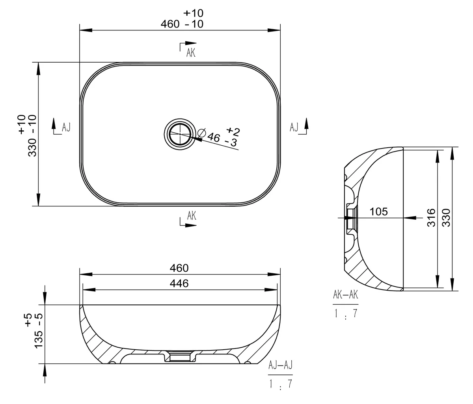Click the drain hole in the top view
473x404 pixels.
180,134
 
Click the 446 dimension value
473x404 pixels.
179,284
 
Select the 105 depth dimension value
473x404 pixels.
379,212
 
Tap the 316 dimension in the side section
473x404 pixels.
431,218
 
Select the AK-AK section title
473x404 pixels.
346,295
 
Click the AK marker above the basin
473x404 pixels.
191,53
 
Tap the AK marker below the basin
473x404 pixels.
192,215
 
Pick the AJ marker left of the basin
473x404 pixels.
66,127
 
